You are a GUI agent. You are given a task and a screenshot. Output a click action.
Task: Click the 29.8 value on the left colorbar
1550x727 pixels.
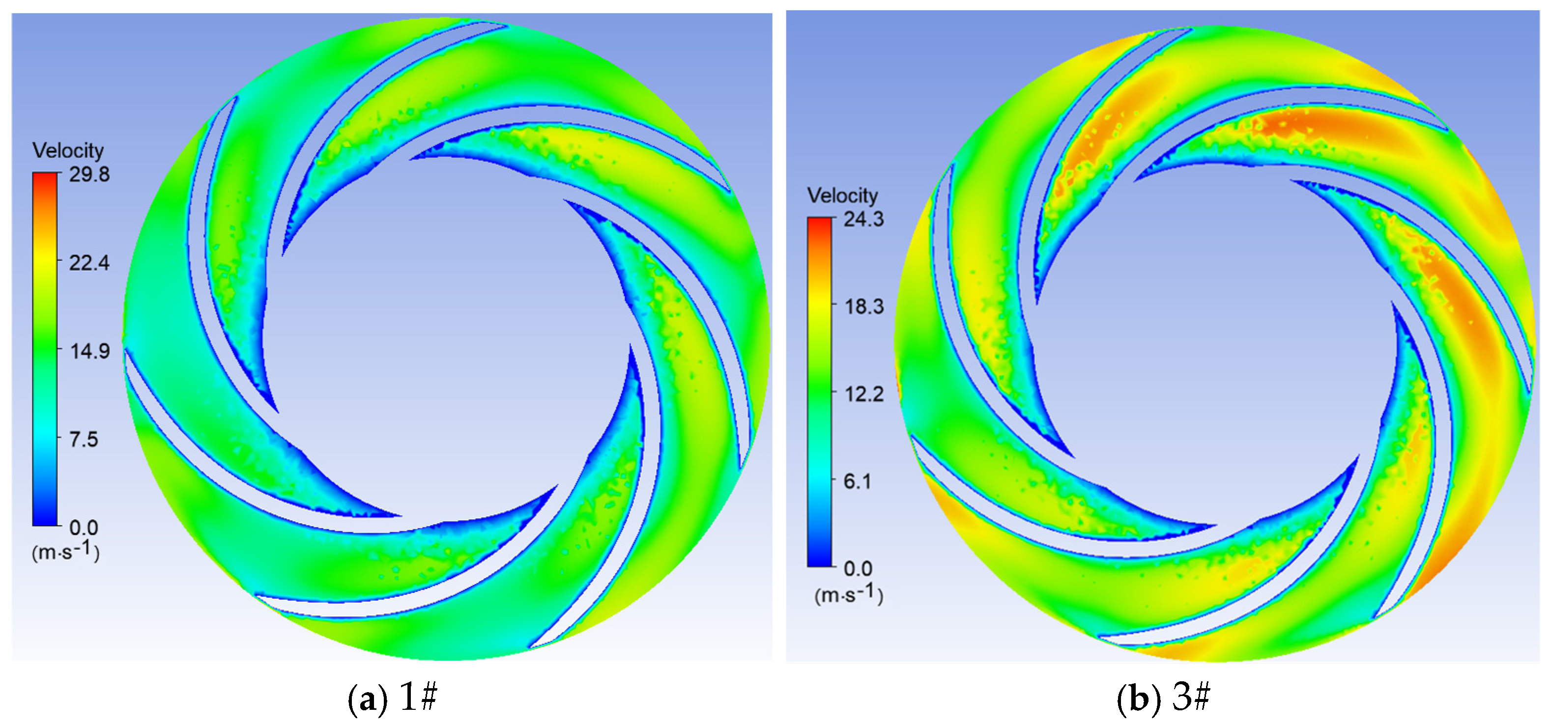[x=89, y=174]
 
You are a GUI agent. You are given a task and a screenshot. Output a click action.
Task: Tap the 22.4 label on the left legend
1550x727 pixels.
[x=89, y=263]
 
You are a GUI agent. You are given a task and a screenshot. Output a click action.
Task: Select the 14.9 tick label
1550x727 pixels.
[x=89, y=351]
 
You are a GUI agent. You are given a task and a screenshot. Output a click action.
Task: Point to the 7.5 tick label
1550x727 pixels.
[x=83, y=439]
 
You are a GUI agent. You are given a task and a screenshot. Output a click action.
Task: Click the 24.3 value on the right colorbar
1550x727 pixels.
[x=863, y=219]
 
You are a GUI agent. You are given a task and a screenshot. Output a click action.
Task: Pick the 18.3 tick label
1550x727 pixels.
[x=863, y=307]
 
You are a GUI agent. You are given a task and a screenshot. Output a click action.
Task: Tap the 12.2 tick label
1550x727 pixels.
[x=863, y=394]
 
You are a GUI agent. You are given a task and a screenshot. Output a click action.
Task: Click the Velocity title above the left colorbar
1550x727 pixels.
[x=68, y=150]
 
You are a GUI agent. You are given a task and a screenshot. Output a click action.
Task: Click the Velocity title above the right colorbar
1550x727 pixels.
[x=842, y=196]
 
